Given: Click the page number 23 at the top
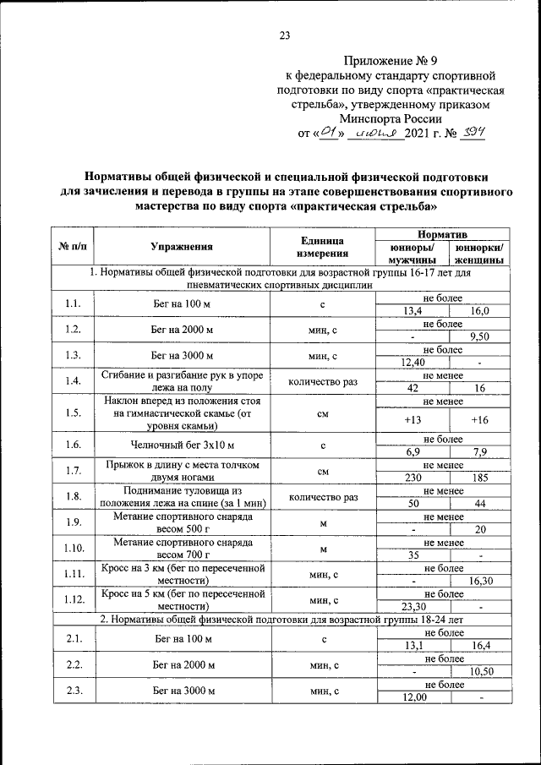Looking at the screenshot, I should click(284, 36).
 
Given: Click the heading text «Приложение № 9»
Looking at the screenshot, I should click(395, 61).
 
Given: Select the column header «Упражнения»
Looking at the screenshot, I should click(182, 247).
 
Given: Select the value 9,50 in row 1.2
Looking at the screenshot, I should click(480, 336).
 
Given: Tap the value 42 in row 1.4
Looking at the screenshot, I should click(413, 388).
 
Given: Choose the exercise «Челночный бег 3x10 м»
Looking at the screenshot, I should click(182, 445).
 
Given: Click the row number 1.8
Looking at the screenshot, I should click(73, 496).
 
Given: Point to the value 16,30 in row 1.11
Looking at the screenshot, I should click(480, 581).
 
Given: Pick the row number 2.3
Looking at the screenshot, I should click(73, 691).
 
